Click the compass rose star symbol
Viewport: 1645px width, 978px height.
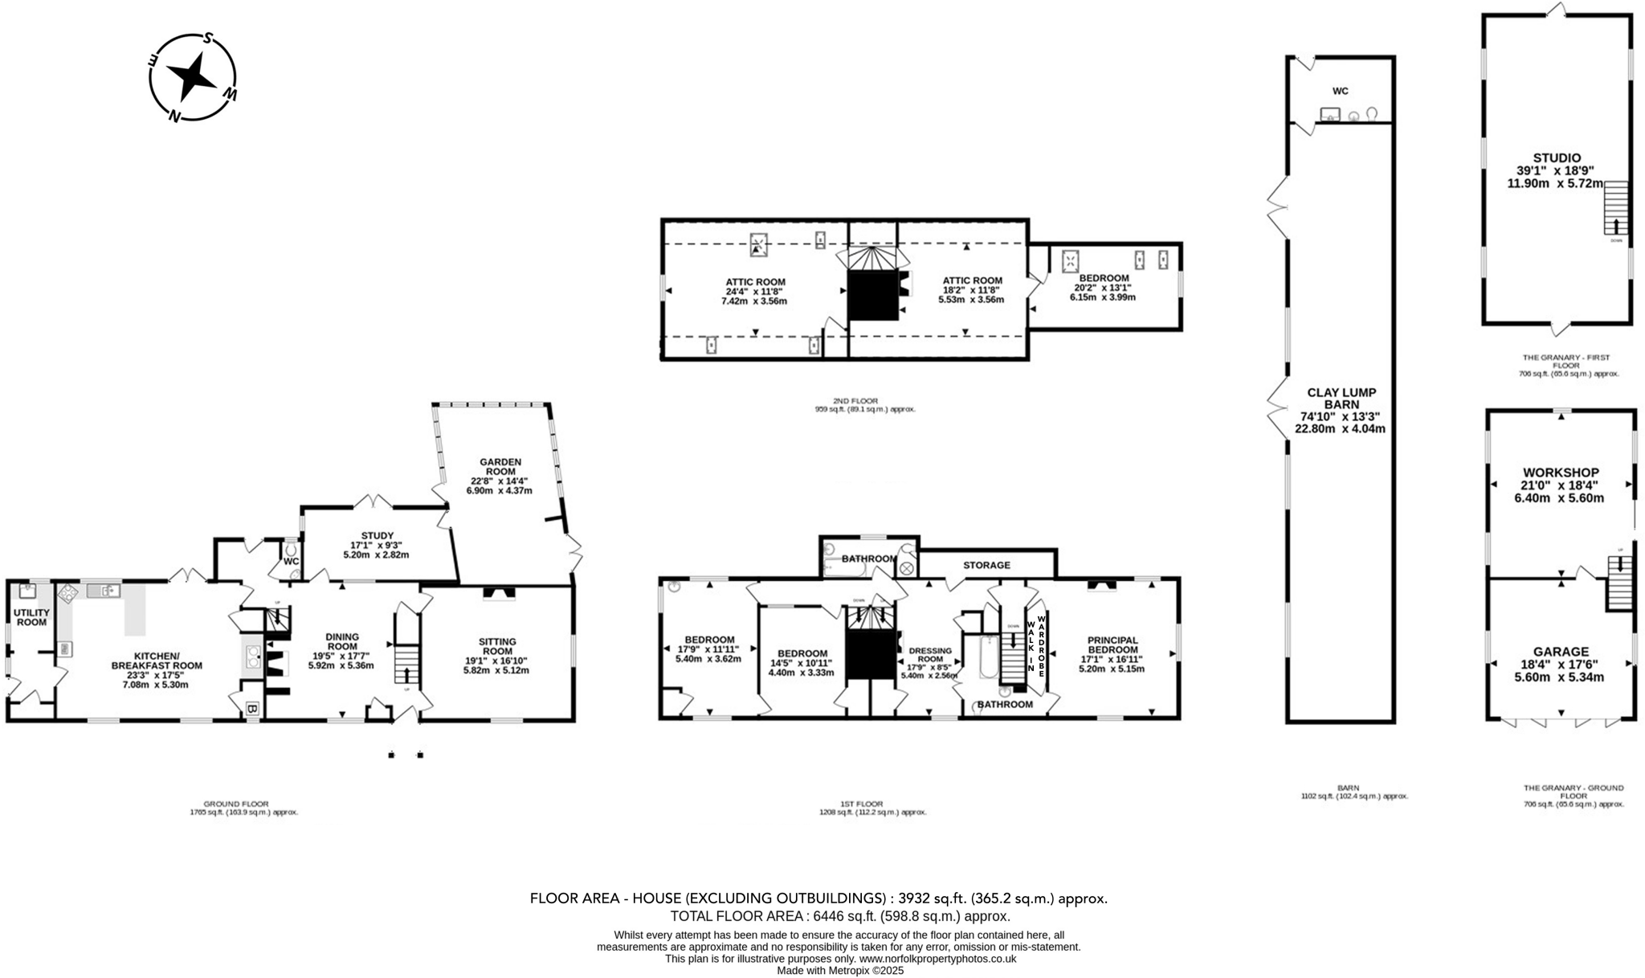pyautogui.click(x=193, y=77)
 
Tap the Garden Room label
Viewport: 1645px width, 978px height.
pyautogui.click(x=500, y=467)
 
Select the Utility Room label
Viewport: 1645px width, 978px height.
pyautogui.click(x=32, y=617)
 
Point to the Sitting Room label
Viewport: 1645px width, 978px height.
pyautogui.click(x=497, y=646)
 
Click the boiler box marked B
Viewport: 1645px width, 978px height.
pyautogui.click(x=252, y=709)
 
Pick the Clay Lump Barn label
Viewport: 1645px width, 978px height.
pyautogui.click(x=1340, y=399)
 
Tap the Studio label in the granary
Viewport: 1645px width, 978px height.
pyautogui.click(x=1556, y=158)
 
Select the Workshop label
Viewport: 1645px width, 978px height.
pyautogui.click(x=1561, y=473)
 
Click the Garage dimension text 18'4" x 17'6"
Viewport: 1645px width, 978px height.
pyautogui.click(x=1560, y=665)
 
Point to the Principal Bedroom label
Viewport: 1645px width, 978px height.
pyautogui.click(x=1112, y=644)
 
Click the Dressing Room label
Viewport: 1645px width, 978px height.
pyautogui.click(x=930, y=656)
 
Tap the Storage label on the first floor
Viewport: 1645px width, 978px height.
pyautogui.click(x=986, y=565)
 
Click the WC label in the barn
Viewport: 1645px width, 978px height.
pyautogui.click(x=1340, y=91)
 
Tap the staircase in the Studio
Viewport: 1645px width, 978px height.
pyautogui.click(x=1615, y=208)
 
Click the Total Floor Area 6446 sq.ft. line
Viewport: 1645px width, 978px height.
pyautogui.click(x=839, y=916)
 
